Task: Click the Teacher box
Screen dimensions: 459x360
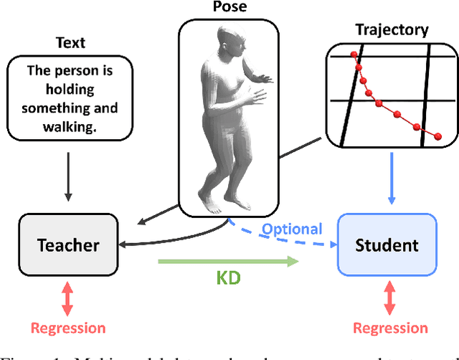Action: point(68,245)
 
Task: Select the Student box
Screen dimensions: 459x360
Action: point(387,245)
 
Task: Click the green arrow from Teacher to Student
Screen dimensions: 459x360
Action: point(227,262)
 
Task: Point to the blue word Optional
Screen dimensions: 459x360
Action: point(292,229)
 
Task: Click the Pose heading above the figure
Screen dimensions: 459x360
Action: point(230,8)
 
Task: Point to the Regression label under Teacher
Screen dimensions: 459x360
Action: point(68,328)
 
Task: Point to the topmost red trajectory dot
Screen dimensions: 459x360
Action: point(352,55)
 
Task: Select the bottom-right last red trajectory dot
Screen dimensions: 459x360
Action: point(437,136)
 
